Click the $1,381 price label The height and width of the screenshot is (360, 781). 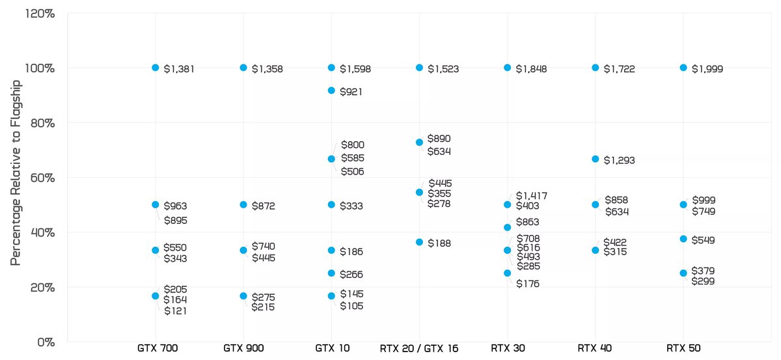point(179,68)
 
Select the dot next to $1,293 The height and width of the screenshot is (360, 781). point(596,159)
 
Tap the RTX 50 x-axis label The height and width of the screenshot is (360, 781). point(683,348)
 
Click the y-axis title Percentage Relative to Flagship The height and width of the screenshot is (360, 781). point(16,173)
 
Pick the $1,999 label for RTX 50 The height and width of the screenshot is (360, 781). point(707,68)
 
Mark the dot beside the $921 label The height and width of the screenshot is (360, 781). point(331,90)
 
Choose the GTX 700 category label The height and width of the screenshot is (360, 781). point(156,348)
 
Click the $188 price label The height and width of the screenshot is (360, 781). point(439,243)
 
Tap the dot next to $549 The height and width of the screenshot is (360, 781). point(683,239)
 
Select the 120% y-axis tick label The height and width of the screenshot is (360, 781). point(40,13)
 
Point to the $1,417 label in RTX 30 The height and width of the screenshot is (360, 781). point(532,195)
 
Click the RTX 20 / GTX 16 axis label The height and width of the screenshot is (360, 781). point(419,348)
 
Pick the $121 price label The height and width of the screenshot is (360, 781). point(175,311)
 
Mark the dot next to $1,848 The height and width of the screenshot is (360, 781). point(508,68)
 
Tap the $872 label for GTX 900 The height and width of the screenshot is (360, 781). point(264,206)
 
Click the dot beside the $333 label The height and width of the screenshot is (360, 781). point(331,204)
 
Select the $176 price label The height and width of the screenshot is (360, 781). point(528,283)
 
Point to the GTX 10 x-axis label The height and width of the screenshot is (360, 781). point(331,348)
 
